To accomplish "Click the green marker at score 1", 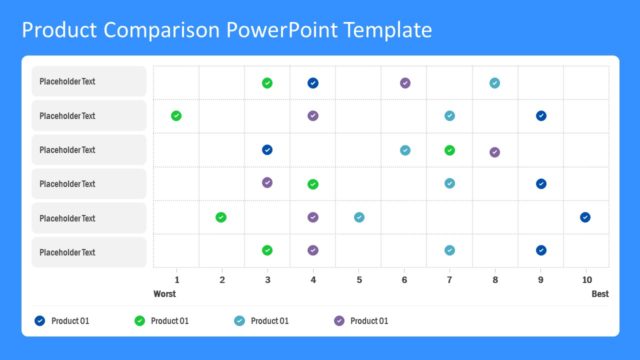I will point(176,116).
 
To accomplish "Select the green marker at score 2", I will point(221,217).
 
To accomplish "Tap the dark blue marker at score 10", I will point(585,217).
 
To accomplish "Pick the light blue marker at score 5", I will point(359,217).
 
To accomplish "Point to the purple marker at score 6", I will point(405,83).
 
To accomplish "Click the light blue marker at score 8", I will point(495,83).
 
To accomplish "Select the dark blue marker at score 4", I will point(313,83).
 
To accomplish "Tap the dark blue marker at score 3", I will point(267,150).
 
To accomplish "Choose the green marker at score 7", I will point(450,150).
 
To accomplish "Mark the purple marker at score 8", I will point(495,152).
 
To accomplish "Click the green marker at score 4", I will point(313,184).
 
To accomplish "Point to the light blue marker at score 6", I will point(405,150).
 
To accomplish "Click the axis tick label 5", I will point(358,280).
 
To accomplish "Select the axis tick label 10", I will point(586,280).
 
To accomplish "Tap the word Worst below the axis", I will point(164,294).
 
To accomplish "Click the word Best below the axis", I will point(599,294).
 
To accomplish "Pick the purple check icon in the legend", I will point(339,320).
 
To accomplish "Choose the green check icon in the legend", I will point(139,320).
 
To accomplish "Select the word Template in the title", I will point(386,30).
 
